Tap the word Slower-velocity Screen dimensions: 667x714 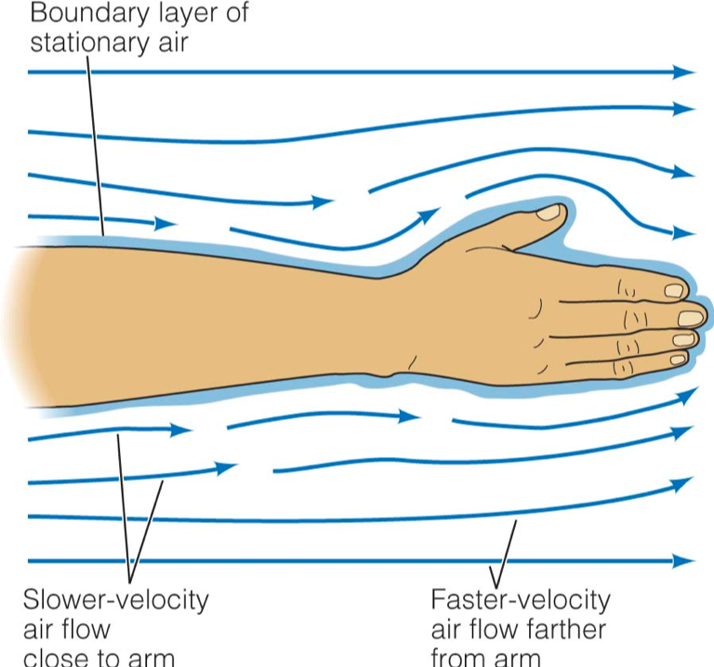point(115,599)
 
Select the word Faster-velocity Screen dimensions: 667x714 point(521,599)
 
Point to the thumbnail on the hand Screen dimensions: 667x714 point(549,213)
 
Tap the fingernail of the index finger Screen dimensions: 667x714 point(674,291)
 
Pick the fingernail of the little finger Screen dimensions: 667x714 point(680,358)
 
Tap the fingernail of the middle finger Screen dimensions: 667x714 point(690,319)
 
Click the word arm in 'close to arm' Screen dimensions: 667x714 point(153,657)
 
